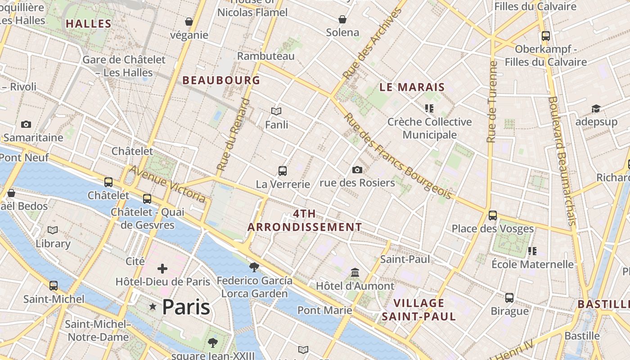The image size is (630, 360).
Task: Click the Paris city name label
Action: (186, 307)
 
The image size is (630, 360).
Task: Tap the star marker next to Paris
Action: (153, 307)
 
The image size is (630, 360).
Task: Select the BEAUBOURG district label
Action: (221, 80)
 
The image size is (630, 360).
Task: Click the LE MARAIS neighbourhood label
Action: (412, 87)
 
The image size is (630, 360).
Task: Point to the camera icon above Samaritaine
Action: (26, 124)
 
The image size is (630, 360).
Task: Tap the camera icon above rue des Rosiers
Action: (357, 170)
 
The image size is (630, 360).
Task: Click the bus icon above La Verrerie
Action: (283, 171)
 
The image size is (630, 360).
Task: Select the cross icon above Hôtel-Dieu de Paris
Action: (162, 269)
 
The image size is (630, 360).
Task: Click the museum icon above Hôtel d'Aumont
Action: (355, 273)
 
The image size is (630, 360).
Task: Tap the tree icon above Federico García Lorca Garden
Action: (254, 267)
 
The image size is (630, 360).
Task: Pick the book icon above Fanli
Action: (276, 111)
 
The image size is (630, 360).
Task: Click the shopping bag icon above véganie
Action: (189, 22)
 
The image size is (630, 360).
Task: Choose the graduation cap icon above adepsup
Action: (596, 109)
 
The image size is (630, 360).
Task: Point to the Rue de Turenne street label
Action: (492, 102)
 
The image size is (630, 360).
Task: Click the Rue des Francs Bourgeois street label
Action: (397, 156)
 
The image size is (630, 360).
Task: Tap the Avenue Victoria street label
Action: (167, 184)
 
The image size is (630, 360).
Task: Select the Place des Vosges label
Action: (492, 229)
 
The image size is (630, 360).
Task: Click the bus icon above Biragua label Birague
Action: (509, 298)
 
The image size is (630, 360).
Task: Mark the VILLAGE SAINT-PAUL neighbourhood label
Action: (418, 310)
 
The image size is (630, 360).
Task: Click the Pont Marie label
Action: (324, 310)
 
